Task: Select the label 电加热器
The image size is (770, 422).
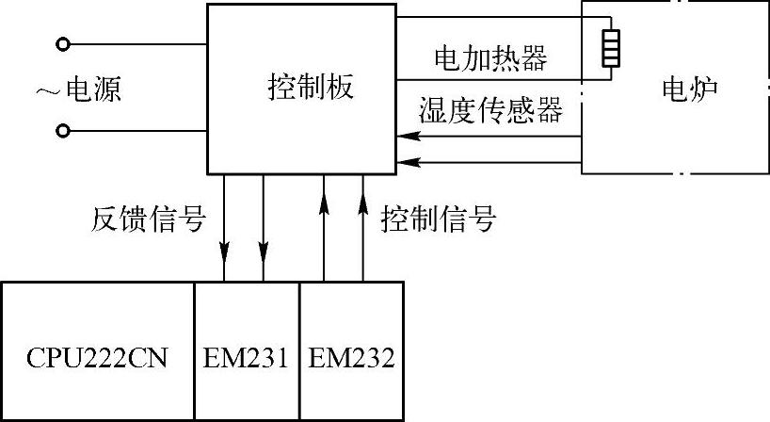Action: (x=489, y=59)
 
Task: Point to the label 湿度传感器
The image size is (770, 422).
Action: (x=490, y=112)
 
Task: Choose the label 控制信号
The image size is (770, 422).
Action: (x=438, y=219)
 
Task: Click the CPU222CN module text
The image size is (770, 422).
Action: (x=99, y=358)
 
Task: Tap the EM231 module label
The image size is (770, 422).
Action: (x=247, y=358)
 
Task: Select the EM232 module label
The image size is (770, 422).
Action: (x=352, y=358)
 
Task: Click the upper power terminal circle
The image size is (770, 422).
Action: (x=64, y=43)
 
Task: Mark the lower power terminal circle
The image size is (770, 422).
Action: (x=64, y=131)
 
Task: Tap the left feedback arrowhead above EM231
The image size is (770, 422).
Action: (x=225, y=252)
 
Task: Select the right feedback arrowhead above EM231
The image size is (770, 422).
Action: (x=264, y=252)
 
